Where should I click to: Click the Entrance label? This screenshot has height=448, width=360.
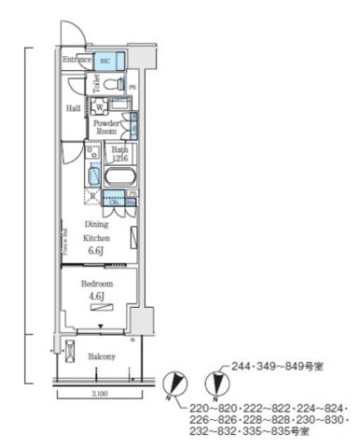click(77, 60)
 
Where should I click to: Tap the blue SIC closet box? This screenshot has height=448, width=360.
click(108, 59)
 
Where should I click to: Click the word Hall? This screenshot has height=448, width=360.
click(73, 108)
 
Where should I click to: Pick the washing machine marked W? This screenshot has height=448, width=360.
click(100, 108)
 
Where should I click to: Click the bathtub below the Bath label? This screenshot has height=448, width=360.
click(120, 176)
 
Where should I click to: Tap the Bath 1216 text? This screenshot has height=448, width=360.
click(120, 154)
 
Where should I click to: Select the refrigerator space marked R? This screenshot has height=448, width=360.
click(92, 196)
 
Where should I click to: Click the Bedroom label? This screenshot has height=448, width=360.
click(96, 283)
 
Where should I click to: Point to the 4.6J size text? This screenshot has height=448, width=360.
click(96, 296)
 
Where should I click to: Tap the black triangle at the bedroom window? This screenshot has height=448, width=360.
click(101, 327)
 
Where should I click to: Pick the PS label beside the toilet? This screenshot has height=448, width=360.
click(132, 89)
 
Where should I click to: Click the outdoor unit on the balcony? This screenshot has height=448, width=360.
click(70, 355)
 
